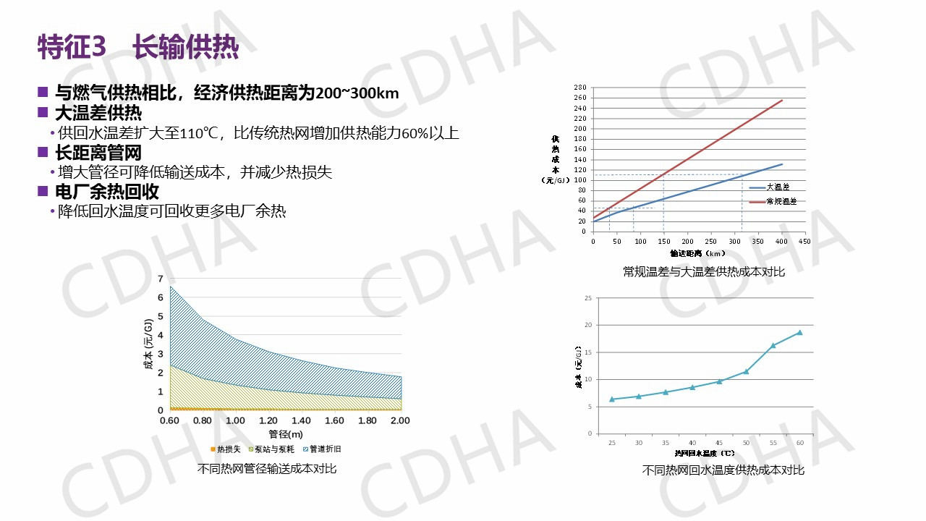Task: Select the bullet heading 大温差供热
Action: tap(98, 113)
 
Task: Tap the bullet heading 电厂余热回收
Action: tap(107, 192)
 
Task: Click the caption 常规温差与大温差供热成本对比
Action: tap(703, 272)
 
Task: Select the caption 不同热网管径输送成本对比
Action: tap(267, 468)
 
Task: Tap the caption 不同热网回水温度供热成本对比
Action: tap(723, 470)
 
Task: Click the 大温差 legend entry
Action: tap(778, 187)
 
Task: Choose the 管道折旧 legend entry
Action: tap(325, 449)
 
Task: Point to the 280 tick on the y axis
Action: tap(579, 88)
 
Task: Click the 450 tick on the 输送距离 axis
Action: tap(804, 241)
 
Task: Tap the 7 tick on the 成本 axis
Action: tap(161, 279)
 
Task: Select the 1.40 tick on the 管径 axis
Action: tap(301, 420)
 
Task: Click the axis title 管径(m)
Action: tap(285, 434)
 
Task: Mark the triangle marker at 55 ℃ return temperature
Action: tap(773, 345)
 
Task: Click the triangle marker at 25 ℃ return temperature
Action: tap(612, 399)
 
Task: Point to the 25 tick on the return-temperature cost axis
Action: tap(588, 297)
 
